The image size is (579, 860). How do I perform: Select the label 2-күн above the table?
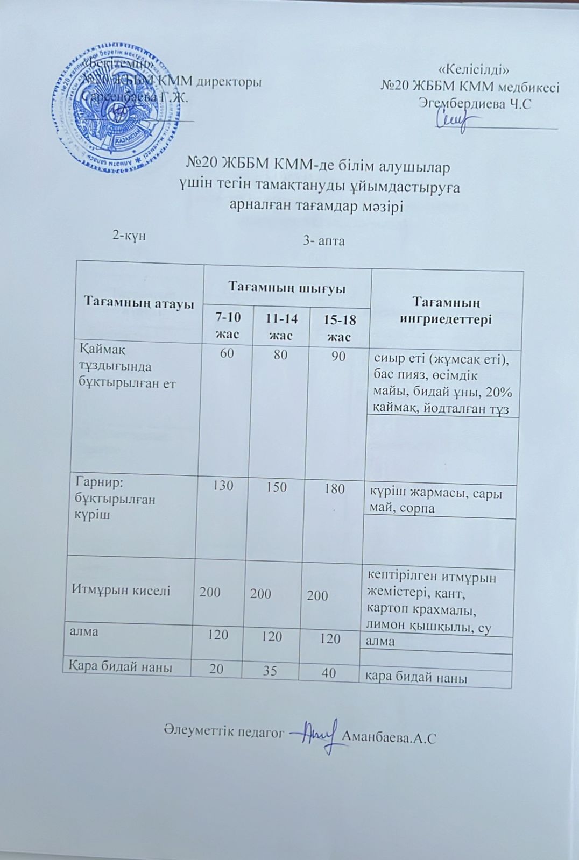129,235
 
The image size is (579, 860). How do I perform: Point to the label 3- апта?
324,241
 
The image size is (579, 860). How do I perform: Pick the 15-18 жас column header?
340,328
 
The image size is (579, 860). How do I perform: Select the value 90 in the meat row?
338,356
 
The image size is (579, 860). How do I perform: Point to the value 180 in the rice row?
334,489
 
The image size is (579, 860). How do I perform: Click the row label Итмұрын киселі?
121,589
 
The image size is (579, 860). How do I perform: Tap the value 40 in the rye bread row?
329,672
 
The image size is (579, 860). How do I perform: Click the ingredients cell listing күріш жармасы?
436,500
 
